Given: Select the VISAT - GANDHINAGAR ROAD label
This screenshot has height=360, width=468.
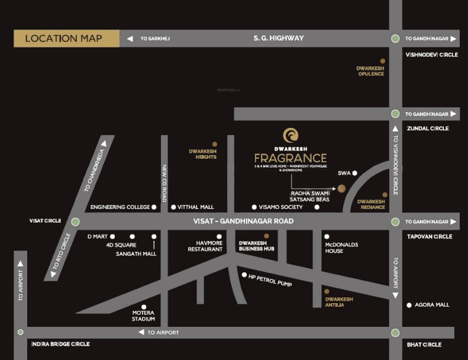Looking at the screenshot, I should pyautogui.click(x=243, y=221).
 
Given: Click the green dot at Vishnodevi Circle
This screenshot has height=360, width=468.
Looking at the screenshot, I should pyautogui.click(x=395, y=39).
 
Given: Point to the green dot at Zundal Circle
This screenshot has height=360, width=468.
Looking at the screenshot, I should pyautogui.click(x=395, y=114).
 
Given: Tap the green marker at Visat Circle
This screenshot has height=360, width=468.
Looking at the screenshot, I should pyautogui.click(x=75, y=221).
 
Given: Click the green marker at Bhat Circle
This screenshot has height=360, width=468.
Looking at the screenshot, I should pyautogui.click(x=395, y=333).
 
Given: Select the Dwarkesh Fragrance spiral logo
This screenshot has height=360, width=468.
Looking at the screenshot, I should pyautogui.click(x=291, y=135).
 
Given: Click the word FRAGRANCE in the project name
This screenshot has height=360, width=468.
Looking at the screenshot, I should pyautogui.click(x=291, y=158).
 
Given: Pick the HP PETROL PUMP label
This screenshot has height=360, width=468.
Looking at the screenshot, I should pyautogui.click(x=270, y=280).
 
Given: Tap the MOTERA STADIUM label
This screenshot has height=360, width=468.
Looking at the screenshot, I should pyautogui.click(x=143, y=316).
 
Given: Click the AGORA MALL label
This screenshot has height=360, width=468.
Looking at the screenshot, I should pyautogui.click(x=432, y=305).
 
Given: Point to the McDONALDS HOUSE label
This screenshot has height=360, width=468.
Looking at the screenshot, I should pyautogui.click(x=341, y=247).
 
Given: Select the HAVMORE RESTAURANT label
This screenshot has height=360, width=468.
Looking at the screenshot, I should pyautogui.click(x=205, y=246).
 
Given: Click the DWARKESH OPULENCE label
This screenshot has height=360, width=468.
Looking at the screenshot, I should pyautogui.click(x=370, y=71).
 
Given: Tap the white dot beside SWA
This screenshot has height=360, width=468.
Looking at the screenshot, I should pyautogui.click(x=355, y=173).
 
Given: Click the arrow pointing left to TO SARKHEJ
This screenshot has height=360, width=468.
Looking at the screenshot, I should pyautogui.click(x=130, y=39).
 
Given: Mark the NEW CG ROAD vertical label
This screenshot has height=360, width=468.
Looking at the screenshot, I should pyautogui.click(x=164, y=184).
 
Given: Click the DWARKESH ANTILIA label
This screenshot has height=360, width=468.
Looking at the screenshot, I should pyautogui.click(x=339, y=302).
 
